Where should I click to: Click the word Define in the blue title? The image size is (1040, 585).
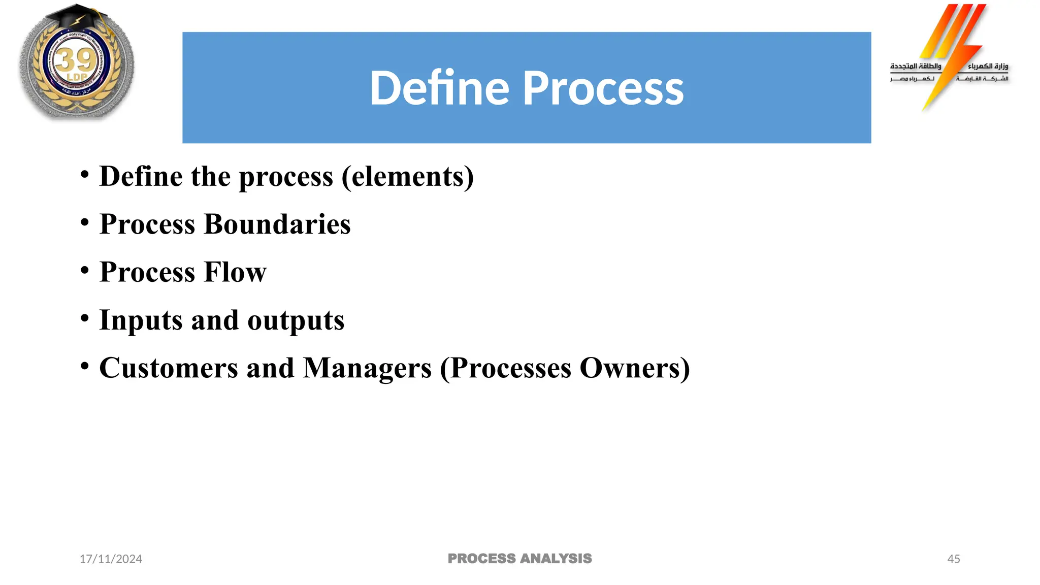click(x=439, y=88)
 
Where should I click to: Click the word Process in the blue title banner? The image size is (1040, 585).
click(x=603, y=89)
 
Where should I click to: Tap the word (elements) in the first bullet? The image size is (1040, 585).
click(x=408, y=177)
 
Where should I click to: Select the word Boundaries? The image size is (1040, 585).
click(x=277, y=224)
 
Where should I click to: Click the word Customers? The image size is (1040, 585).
click(x=169, y=368)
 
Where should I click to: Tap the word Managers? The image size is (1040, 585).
click(x=367, y=368)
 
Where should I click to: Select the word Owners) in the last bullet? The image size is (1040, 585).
click(x=634, y=368)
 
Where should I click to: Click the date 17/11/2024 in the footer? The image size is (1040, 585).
click(x=111, y=559)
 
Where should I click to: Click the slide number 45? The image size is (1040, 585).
click(x=953, y=559)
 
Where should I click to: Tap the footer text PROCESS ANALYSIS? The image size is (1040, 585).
click(x=519, y=559)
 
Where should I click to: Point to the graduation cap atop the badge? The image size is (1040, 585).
click(x=76, y=18)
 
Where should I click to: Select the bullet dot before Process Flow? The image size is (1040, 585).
click(x=85, y=270)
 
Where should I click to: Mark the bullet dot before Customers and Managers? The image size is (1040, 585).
click(x=85, y=366)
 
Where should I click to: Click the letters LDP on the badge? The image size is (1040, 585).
click(x=77, y=77)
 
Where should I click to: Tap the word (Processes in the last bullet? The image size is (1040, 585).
click(x=505, y=368)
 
